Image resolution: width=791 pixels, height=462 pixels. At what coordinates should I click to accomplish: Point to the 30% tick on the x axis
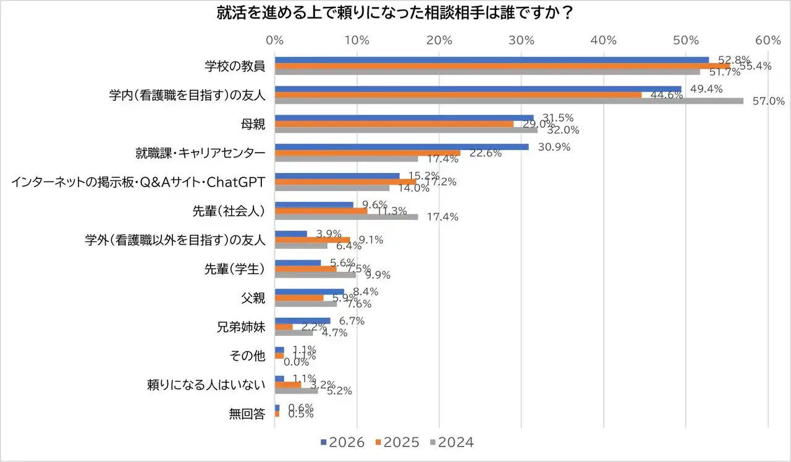[x=521, y=41]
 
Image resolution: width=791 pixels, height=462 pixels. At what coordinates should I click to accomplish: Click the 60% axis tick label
[x=768, y=41]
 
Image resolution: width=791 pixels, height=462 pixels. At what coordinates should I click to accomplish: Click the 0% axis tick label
[x=274, y=41]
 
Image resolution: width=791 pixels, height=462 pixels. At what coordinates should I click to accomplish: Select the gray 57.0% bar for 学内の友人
[x=509, y=101]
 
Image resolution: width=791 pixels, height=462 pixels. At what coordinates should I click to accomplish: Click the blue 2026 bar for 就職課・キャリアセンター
[x=402, y=146]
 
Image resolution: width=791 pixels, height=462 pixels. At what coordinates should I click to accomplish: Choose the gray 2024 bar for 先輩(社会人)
[x=346, y=217]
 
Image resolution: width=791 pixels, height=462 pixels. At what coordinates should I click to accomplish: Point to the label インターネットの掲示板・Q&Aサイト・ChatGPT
[x=138, y=182]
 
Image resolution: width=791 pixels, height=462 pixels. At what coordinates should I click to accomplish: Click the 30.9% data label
[x=554, y=147]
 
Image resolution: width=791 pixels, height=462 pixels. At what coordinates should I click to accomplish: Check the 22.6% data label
[x=486, y=153]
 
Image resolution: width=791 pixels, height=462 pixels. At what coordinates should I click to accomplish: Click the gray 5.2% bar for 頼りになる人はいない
[x=296, y=390]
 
